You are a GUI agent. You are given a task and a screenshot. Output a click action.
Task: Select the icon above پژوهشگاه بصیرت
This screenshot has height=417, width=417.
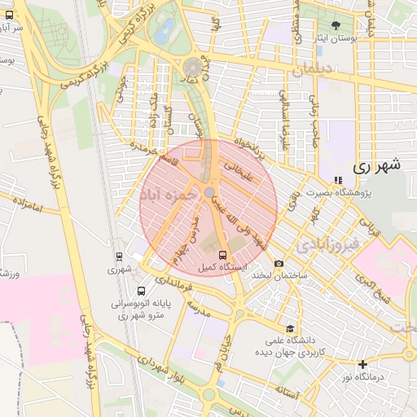tap(337, 180)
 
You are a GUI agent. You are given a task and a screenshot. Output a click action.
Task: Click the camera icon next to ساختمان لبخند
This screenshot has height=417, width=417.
tap(279, 263)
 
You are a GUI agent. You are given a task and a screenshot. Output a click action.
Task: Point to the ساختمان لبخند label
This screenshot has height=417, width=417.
tap(279, 276)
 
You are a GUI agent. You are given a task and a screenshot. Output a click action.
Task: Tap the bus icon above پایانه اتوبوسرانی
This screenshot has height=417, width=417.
tap(142, 291)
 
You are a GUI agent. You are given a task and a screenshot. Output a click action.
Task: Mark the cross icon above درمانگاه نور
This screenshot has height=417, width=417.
tap(362, 364)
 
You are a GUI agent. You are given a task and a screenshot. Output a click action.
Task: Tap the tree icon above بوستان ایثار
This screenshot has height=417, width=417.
tap(336, 26)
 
